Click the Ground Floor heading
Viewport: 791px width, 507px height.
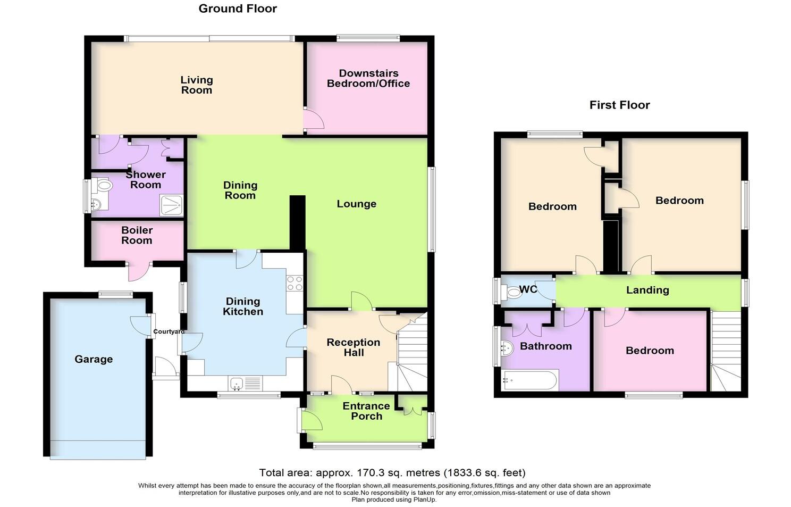click(238, 9)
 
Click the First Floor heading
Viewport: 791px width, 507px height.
click(619, 105)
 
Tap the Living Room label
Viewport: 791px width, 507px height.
click(197, 85)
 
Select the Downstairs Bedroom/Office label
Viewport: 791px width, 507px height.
click(368, 78)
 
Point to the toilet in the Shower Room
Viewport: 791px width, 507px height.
click(103, 186)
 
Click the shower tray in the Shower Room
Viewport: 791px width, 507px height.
click(171, 205)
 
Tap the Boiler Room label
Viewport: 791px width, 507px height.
click(137, 235)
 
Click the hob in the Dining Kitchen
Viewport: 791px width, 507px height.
click(294, 283)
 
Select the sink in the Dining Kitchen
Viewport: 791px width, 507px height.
click(236, 383)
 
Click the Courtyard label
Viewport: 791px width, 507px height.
click(169, 331)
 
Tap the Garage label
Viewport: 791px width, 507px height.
click(94, 359)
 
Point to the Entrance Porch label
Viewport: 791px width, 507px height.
click(366, 411)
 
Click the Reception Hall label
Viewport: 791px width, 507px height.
click(354, 347)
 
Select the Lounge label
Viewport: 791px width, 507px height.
click(356, 204)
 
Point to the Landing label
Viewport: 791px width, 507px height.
click(647, 290)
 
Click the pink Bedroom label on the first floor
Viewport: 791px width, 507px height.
click(650, 351)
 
